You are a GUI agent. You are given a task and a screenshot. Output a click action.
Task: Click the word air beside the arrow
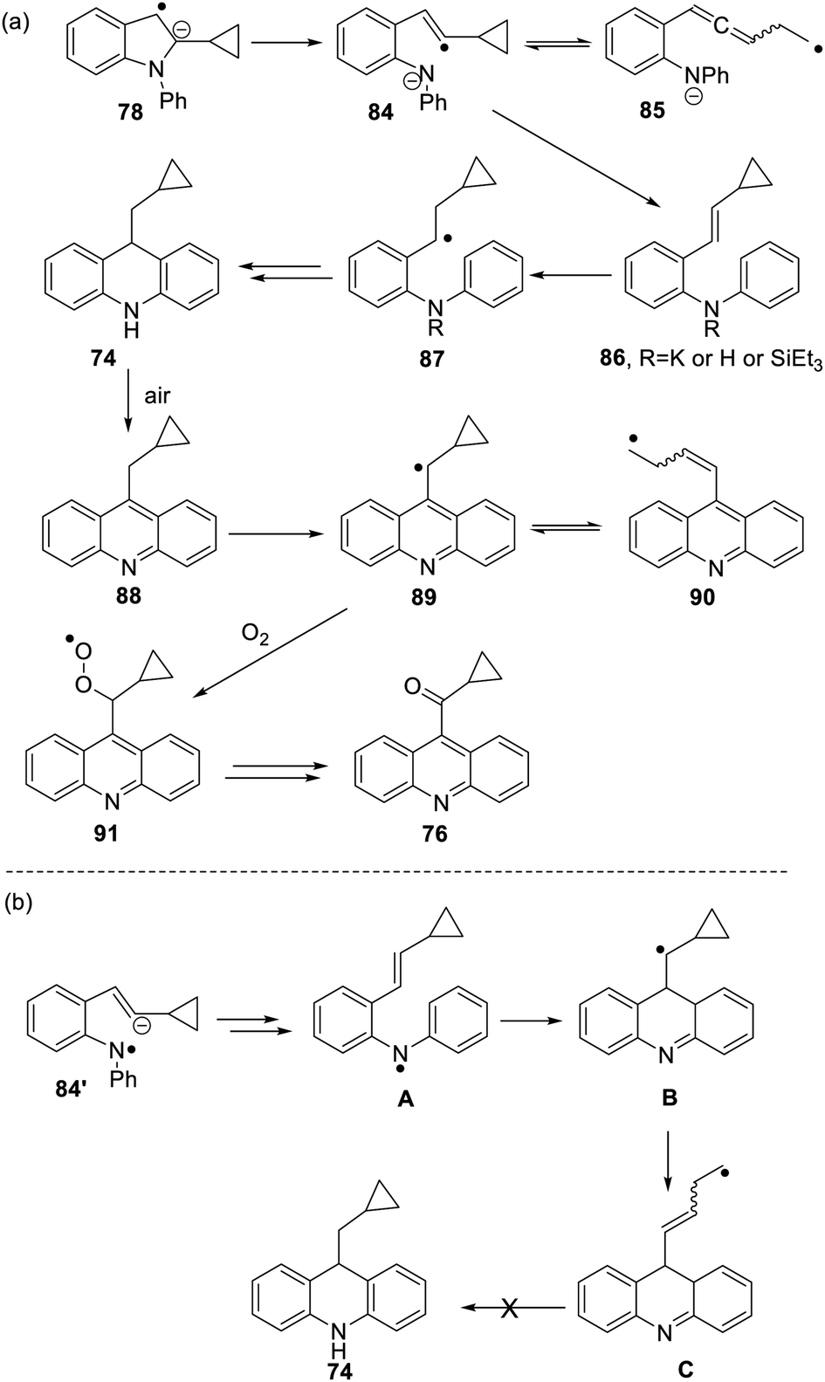coord(161,395)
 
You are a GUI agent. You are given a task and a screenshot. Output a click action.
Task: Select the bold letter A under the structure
coord(405,1101)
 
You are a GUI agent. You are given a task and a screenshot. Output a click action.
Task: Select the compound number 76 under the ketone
coord(435,834)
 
